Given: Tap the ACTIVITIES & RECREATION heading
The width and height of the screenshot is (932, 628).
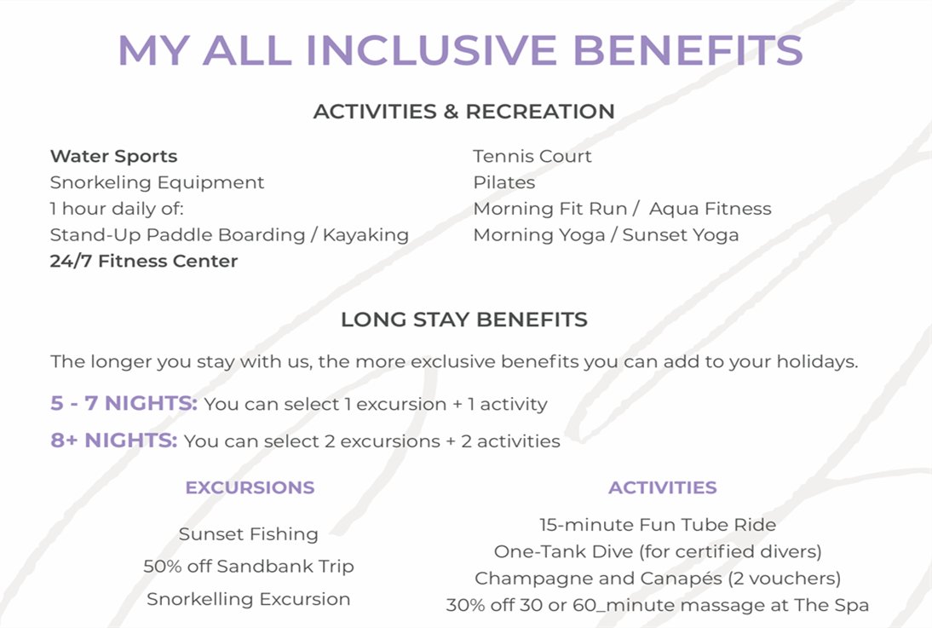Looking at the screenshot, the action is point(464,112).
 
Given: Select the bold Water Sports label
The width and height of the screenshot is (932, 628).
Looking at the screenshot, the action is point(113,157).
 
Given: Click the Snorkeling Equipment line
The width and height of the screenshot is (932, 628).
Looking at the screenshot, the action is point(157,182).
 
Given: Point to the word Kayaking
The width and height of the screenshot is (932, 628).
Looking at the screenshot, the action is point(365,235).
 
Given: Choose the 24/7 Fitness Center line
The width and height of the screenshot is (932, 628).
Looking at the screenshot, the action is point(144,261).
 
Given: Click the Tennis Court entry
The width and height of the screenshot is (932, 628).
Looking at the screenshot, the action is point(532,157).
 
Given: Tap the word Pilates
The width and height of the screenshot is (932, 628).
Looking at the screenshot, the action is point(504,182).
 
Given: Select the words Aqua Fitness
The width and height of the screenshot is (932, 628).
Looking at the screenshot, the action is point(711,209).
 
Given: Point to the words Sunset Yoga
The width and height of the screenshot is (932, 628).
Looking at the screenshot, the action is point(681,235).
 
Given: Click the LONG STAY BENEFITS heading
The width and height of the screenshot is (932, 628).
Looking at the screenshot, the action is point(464,320).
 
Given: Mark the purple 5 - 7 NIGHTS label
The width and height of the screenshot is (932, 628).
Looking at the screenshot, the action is point(124,403).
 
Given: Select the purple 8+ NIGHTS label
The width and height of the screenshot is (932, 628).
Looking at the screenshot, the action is point(113,440).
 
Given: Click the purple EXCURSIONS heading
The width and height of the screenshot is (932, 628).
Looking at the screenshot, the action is point(250,487).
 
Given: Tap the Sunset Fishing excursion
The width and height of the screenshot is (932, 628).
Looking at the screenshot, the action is point(249,534).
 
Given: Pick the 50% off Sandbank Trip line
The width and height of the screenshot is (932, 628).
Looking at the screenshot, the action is point(249,566).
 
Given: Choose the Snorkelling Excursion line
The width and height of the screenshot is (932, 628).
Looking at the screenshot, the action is point(249,599).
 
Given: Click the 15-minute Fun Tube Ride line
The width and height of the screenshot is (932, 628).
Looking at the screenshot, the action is point(658,525).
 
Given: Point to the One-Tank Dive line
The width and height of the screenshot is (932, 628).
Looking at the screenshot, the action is point(658,551).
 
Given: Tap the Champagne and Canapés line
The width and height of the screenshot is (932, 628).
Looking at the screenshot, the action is point(658,578).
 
